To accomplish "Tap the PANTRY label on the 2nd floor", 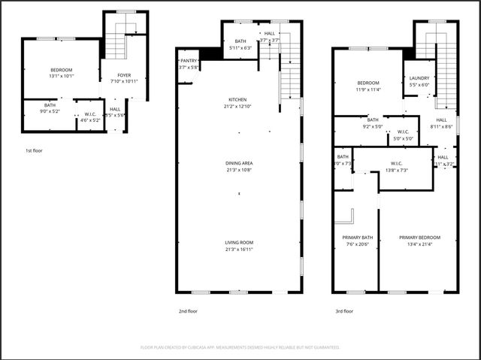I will pos(188,60).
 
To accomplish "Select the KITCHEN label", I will pos(237,99).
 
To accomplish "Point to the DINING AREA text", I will pos(239,163).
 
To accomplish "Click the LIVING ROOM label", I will pos(239,242).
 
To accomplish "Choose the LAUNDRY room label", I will pos(419,77).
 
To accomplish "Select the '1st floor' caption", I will pos(34,151).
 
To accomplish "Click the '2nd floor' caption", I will pos(188,310).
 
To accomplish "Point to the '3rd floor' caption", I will pos(345,310).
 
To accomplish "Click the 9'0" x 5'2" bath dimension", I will pos(50,110).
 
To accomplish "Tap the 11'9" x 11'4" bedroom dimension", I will pos(368,89).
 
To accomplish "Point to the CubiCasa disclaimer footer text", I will pos(240,347).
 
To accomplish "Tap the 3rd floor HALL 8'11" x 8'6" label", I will pos(441,123).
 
